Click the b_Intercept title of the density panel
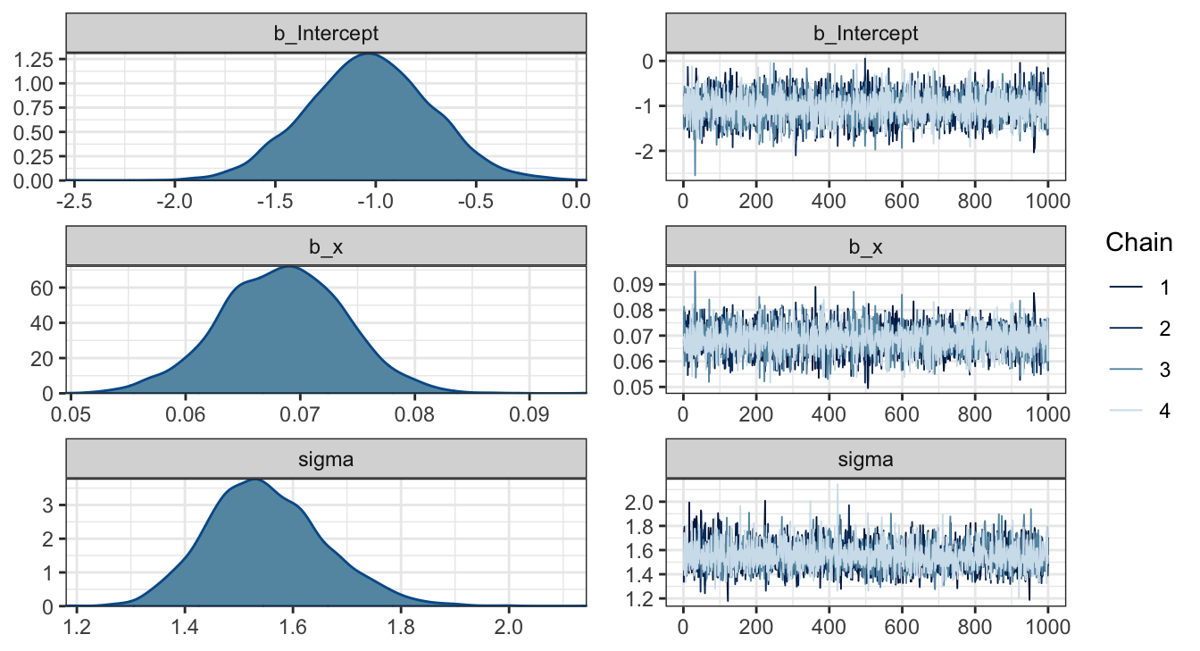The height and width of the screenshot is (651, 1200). pos(327,34)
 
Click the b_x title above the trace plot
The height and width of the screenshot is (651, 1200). pos(865,247)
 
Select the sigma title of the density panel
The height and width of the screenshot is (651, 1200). pos(327,460)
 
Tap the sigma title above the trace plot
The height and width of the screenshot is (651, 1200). pos(865,460)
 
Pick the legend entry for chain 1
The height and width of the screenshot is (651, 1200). pos(1140,288)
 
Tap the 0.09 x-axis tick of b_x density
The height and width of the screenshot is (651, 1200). pos(529,413)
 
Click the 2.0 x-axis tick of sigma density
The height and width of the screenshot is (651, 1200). pos(509,626)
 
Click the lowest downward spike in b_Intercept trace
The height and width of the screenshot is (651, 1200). pos(695,175)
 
